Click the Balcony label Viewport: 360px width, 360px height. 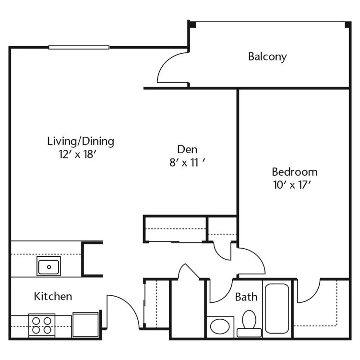[x=267, y=57]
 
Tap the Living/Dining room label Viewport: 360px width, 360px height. [x=81, y=141]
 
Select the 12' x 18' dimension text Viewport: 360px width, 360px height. [x=77, y=154]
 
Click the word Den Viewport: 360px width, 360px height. [x=187, y=149]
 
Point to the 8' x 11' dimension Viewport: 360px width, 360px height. [x=187, y=163]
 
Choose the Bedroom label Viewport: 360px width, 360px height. [x=295, y=172]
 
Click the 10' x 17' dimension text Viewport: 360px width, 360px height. [x=292, y=185]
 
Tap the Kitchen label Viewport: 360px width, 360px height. [x=53, y=297]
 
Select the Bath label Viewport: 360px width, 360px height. [x=246, y=297]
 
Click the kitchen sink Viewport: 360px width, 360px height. [x=48, y=266]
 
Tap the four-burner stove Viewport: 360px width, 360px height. [x=42, y=325]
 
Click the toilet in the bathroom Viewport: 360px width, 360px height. [x=249, y=324]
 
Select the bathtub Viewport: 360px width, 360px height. [x=277, y=309]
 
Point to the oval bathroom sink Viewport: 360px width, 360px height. [x=220, y=326]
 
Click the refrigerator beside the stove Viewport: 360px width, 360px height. [x=85, y=324]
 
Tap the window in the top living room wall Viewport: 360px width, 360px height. [x=79, y=48]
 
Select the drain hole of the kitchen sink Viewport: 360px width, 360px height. [x=49, y=267]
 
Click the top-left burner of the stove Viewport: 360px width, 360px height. [x=36, y=321]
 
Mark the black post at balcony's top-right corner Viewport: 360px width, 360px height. [x=348, y=25]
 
